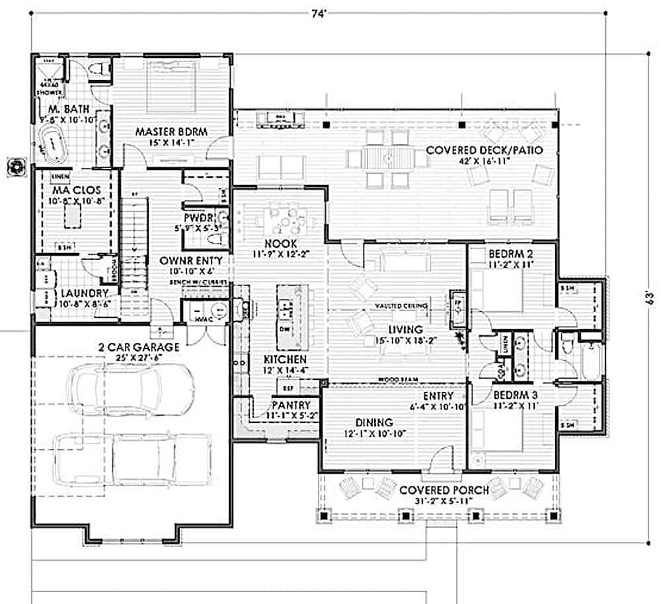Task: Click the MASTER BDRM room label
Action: coord(171,132)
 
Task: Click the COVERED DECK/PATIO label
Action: coord(485,150)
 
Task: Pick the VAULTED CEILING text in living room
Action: coord(400,306)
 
